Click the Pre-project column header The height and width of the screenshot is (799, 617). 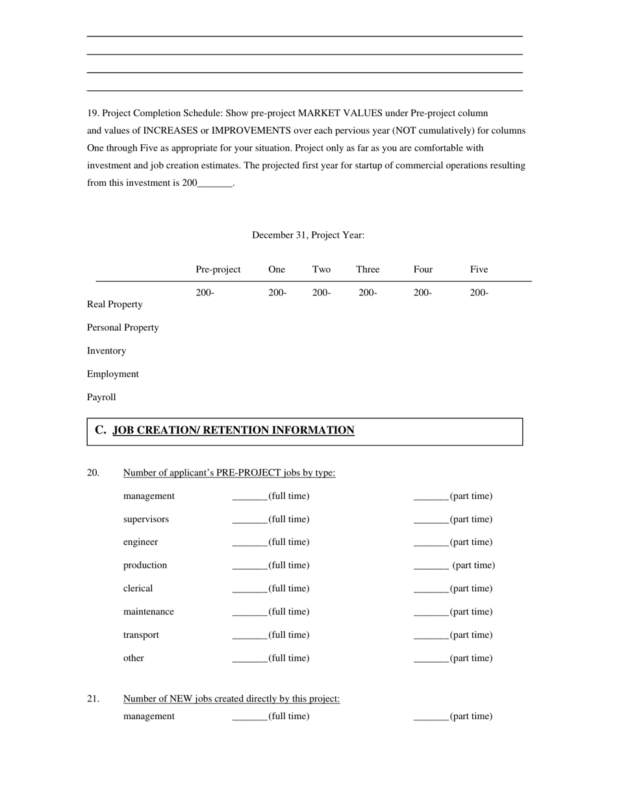click(x=218, y=270)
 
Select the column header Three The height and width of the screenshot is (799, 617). click(x=368, y=270)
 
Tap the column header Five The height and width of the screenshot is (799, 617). click(x=479, y=270)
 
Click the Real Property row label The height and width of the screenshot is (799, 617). click(x=115, y=305)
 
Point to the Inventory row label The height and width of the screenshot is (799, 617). click(x=107, y=351)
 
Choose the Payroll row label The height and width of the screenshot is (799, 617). click(x=101, y=397)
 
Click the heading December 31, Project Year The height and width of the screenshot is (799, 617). click(x=308, y=235)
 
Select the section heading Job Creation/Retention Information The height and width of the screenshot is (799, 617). click(x=233, y=430)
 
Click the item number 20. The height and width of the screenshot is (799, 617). click(x=94, y=473)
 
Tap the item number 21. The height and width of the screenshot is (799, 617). click(x=94, y=699)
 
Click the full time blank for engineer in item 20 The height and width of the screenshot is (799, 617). click(x=250, y=543)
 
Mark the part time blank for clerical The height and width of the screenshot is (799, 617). click(x=431, y=589)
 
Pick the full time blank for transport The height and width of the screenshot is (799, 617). click(x=250, y=636)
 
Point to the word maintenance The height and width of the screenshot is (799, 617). click(x=149, y=612)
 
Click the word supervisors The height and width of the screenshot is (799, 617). click(x=146, y=520)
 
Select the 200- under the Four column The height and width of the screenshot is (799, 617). click(x=422, y=293)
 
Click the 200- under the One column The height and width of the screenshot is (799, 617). click(x=277, y=293)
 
